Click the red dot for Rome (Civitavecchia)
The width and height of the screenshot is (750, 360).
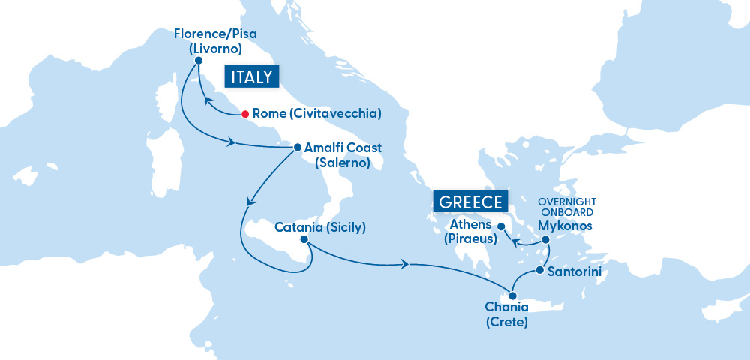[x=244, y=114]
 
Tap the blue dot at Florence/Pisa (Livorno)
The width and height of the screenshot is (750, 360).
[x=199, y=61]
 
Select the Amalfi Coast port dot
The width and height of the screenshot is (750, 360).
[x=297, y=148]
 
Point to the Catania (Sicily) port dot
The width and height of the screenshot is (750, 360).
[x=304, y=240]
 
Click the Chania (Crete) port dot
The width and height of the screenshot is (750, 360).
[x=513, y=295]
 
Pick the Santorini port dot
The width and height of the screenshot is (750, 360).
[x=539, y=270]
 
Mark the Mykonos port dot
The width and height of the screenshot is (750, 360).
[x=546, y=240]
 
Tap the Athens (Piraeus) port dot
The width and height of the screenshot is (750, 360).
[x=500, y=225]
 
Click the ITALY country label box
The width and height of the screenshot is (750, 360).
[x=251, y=77]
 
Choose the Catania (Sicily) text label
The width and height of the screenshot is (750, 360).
[x=320, y=226]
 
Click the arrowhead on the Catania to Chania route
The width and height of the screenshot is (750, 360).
[x=406, y=264]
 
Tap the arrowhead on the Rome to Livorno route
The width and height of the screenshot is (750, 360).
[x=204, y=100]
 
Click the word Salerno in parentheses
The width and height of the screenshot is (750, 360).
[x=343, y=162]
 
